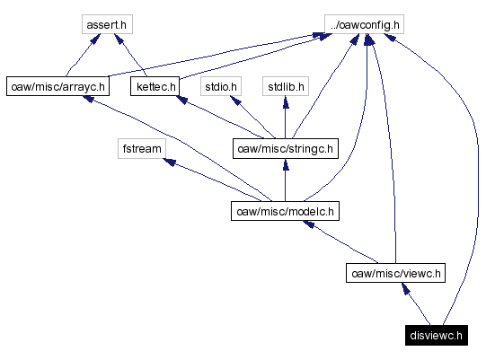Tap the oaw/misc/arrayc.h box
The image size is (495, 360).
(x=57, y=87)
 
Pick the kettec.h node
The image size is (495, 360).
(x=155, y=87)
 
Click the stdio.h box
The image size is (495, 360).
(x=221, y=87)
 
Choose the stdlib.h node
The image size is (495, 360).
(x=285, y=87)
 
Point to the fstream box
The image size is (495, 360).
(x=139, y=148)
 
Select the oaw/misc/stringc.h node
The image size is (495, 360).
(x=284, y=148)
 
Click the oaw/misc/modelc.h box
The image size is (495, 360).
(x=284, y=212)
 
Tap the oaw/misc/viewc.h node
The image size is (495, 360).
(x=395, y=274)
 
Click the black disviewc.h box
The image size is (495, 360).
(x=436, y=336)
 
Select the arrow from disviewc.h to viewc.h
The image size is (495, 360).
(x=418, y=305)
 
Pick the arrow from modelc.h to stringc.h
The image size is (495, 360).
(x=285, y=180)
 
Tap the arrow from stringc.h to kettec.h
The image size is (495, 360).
(x=216, y=116)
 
